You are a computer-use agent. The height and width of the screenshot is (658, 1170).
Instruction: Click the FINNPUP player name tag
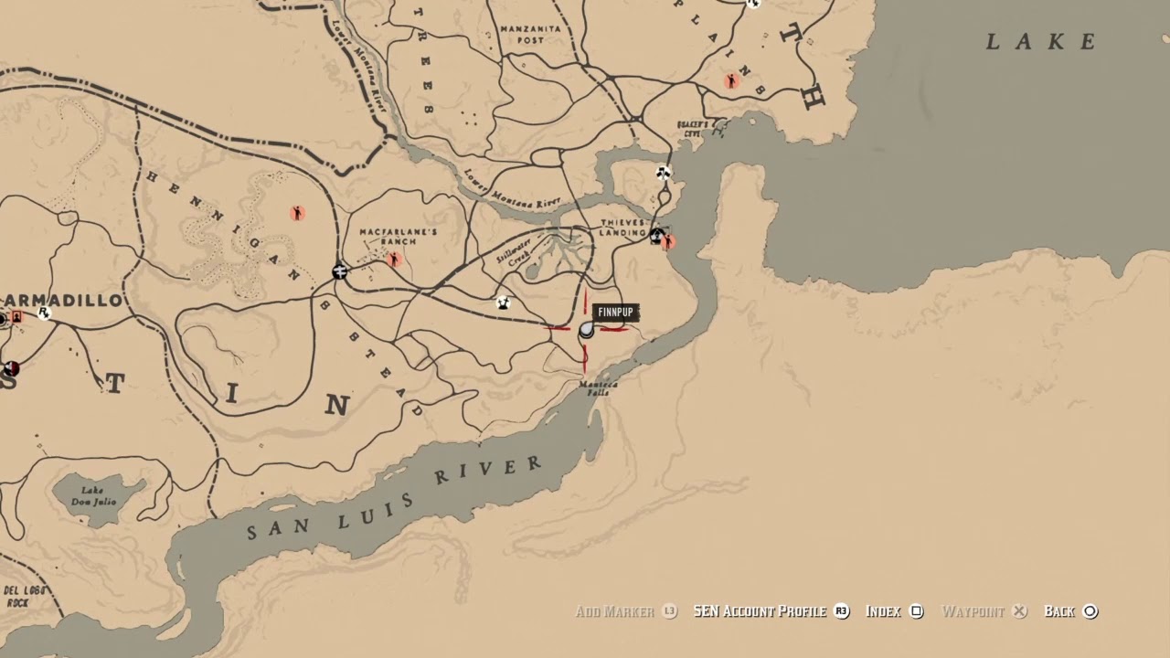pos(614,313)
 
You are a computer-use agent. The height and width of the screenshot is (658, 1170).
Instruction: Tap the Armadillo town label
pos(64,301)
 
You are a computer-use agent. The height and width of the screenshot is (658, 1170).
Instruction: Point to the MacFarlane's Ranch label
pos(399,239)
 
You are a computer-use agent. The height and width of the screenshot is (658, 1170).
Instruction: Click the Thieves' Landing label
pos(623,228)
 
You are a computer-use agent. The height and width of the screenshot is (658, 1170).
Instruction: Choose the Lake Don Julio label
pos(100,495)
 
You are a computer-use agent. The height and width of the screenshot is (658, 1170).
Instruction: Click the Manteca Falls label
pos(599,389)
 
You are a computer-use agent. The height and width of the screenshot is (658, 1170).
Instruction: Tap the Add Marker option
pos(615,611)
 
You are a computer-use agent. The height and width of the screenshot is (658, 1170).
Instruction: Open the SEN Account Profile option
pos(760,611)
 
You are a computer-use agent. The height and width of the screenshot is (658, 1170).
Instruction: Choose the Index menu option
pos(883,611)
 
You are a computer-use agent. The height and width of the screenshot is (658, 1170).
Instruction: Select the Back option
pos(1059,611)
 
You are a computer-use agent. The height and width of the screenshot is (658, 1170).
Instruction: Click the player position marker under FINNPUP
pos(587,330)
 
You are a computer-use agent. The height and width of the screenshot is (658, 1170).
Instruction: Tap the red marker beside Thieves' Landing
pos(668,242)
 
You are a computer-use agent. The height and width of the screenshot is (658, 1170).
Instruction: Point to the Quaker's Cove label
pos(694,129)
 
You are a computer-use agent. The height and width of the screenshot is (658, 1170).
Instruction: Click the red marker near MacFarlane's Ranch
pos(395,260)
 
